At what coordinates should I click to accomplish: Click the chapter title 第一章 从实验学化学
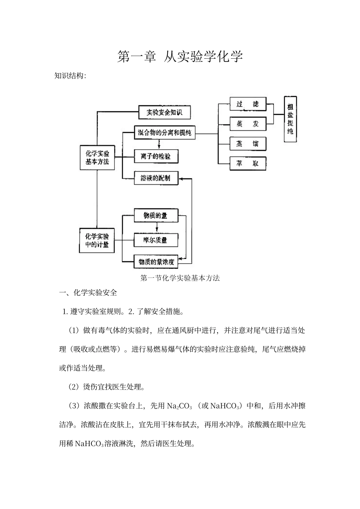tap(180, 56)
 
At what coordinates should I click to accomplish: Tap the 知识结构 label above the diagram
tap(70, 76)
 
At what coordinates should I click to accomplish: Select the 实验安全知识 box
tap(164, 112)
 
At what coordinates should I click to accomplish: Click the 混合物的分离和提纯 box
tap(164, 133)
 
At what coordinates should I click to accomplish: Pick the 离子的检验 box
tap(156, 156)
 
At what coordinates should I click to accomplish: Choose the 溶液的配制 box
tap(156, 178)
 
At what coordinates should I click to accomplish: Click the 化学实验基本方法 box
tap(97, 157)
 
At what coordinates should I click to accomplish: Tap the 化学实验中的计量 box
tap(97, 240)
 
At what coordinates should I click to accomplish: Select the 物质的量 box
tap(156, 216)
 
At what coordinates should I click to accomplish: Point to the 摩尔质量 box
tap(156, 239)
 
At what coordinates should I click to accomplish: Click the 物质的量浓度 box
tap(156, 262)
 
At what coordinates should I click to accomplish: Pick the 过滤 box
tap(248, 104)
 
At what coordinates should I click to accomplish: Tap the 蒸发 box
tap(248, 124)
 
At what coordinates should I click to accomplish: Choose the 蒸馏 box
tap(248, 144)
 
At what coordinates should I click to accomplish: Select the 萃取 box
tap(248, 164)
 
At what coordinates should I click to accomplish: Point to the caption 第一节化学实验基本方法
tap(180, 278)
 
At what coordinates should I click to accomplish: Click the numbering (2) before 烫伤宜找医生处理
tap(73, 387)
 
